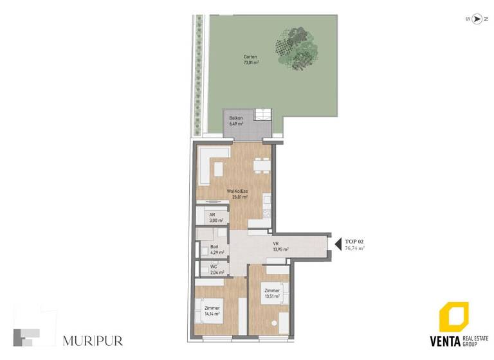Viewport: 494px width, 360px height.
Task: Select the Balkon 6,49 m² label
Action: pos(235,122)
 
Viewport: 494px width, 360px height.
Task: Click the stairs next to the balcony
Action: pos(263,116)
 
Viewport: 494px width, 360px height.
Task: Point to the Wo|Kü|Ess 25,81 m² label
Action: pos(237,194)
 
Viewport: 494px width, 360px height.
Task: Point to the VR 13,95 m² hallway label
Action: pos(279,246)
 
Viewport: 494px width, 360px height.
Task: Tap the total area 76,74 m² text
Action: pos(354,248)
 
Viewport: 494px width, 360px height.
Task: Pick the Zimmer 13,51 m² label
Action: pos(271,294)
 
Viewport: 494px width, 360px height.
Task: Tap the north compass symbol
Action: pos(477,19)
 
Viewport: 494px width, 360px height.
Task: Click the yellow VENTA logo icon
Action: pos(453,318)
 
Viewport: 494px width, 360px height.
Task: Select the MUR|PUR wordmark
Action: pos(93,340)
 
